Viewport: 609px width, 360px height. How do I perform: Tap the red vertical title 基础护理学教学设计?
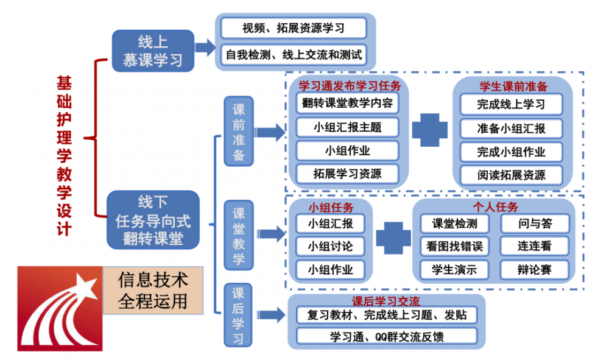[x=63, y=155]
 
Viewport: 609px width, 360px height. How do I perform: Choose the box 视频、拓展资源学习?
[x=294, y=27]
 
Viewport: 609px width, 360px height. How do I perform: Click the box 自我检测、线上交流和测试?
[x=294, y=55]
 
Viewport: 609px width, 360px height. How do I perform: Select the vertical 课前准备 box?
[x=239, y=130]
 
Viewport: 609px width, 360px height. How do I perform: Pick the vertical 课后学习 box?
[x=239, y=315]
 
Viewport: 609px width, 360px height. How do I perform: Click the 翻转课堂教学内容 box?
[x=347, y=104]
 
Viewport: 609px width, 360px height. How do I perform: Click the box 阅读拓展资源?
[x=511, y=175]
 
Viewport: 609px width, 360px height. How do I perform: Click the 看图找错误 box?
[x=454, y=246]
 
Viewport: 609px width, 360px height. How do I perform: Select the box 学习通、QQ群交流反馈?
[x=387, y=336]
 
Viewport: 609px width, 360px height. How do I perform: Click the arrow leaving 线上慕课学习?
[x=205, y=47]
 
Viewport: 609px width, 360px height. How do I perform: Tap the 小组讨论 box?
[x=330, y=246]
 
